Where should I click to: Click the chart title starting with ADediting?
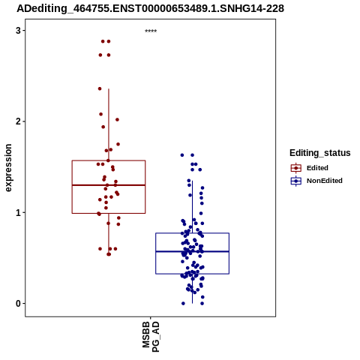[150, 8]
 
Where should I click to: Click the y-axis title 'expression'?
[8, 168]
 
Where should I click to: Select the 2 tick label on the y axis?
[18, 121]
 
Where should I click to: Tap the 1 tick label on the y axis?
[18, 212]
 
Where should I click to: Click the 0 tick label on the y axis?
[18, 304]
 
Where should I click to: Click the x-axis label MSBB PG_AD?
[151, 337]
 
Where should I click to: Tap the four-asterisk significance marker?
[151, 31]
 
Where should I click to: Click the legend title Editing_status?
[320, 153]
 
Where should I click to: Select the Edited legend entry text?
[317, 168]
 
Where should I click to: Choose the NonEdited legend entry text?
[325, 181]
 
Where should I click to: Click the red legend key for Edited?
[296, 168]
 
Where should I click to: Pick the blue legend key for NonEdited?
[296, 181]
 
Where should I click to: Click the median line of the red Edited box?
[109, 185]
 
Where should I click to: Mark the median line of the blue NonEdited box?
[192, 251]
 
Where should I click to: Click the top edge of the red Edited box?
[109, 160]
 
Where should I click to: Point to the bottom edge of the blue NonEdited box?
[192, 274]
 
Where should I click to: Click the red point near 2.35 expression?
[100, 88]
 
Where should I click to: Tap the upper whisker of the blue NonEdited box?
[192, 207]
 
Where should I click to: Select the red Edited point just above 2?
[117, 120]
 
